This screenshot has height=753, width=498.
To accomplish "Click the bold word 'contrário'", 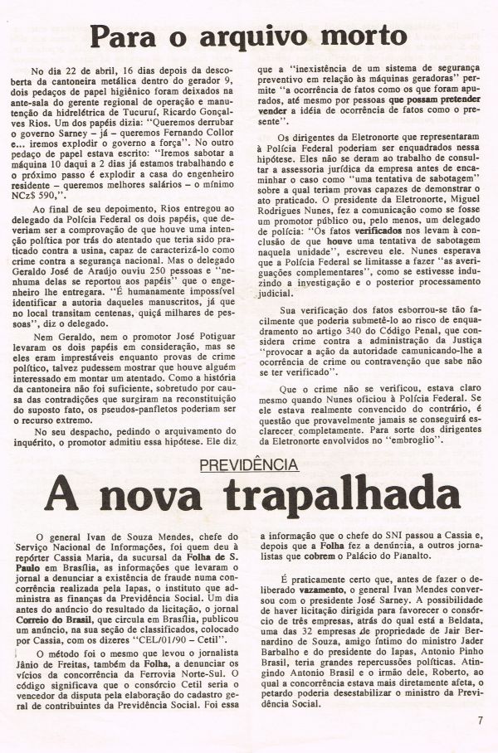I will coord(425,411).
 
